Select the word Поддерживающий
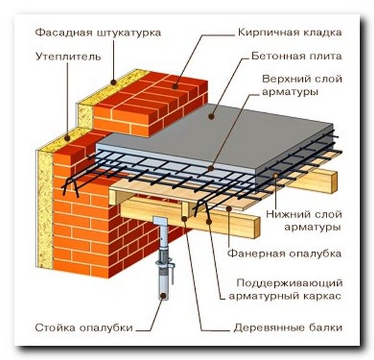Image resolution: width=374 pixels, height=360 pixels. pos(300,283)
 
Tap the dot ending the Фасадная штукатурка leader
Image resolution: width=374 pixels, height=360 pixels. pos(112,81)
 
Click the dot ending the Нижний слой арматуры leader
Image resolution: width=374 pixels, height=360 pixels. pos(275,178)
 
